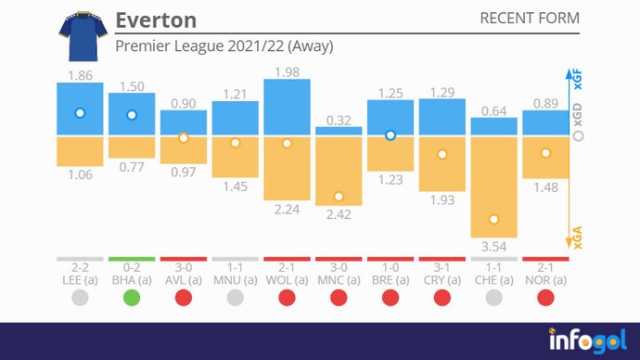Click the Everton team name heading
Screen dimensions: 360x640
pos(156,20)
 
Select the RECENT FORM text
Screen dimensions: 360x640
pos(529,19)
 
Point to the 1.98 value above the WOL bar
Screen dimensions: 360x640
pos(287,72)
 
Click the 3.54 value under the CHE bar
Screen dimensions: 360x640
pos(493,245)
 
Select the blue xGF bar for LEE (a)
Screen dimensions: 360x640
pos(80,109)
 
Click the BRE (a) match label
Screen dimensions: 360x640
pos(390,278)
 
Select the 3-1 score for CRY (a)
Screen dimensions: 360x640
pos(442,267)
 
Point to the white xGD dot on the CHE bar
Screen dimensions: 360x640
pos(493,220)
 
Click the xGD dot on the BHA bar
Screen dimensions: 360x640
pos(132,115)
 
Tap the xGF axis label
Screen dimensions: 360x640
pos(579,78)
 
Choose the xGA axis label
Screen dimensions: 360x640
pos(579,240)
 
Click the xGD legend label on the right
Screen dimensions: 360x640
pos(579,135)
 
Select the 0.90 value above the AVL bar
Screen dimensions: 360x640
pos(184,103)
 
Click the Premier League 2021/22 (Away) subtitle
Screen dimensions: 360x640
pos(224,45)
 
